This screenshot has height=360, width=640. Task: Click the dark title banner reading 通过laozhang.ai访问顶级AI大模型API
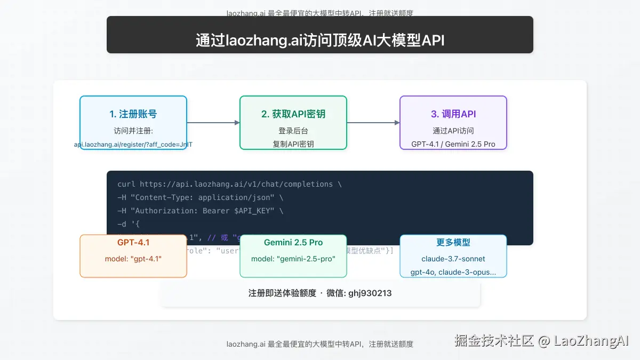click(320, 41)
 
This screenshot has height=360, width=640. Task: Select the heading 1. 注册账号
click(133, 114)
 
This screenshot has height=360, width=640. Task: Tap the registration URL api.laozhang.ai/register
click(133, 145)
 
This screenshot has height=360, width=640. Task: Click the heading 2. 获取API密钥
click(293, 114)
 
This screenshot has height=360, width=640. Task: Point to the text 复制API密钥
click(293, 144)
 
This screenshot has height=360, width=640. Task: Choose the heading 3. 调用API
click(453, 114)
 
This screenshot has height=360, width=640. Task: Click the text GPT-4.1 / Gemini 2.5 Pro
click(453, 144)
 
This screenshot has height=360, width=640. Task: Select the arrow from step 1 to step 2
click(213, 123)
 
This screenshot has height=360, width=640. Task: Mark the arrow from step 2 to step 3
click(373, 123)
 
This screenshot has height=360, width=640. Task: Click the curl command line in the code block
click(229, 184)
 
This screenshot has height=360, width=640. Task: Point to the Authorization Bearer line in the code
click(201, 211)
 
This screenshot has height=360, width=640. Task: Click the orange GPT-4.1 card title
click(133, 243)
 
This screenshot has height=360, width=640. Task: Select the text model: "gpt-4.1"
click(133, 259)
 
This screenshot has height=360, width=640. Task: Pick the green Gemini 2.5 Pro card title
click(293, 243)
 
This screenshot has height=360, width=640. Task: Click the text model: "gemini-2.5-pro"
click(293, 259)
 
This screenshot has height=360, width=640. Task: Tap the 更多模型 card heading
click(453, 243)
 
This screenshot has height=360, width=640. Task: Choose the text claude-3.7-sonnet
click(453, 259)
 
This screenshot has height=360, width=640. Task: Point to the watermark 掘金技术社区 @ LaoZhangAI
click(541, 341)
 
